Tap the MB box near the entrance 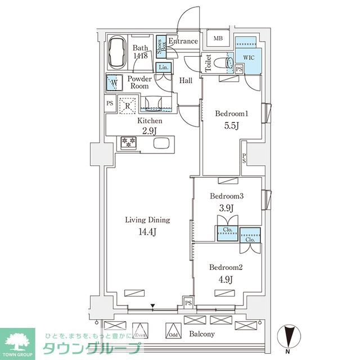[x=217, y=39]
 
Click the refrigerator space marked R [x=128, y=105]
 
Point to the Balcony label [x=202, y=335]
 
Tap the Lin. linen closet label [x=164, y=68]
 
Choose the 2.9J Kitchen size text [x=150, y=132]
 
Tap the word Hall [x=186, y=80]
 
